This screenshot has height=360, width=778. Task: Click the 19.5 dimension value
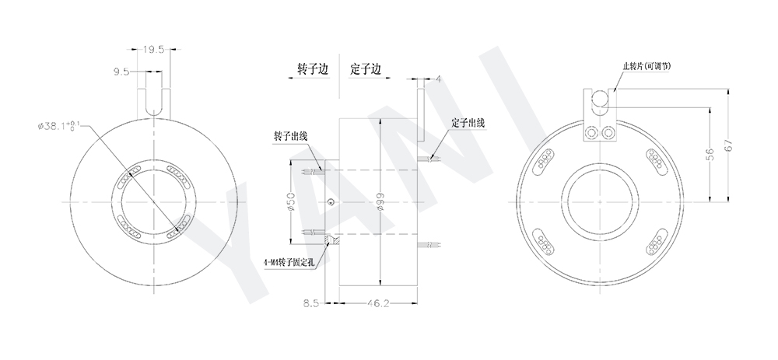tap(152, 49)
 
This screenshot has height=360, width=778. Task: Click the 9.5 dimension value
tap(121, 71)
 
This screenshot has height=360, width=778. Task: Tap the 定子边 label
tap(366, 68)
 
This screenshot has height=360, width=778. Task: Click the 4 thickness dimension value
tap(439, 79)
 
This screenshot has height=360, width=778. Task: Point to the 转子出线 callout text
tap(290, 136)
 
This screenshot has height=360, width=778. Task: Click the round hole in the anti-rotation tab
tap(600, 99)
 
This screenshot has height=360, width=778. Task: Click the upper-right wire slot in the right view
tap(654, 159)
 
